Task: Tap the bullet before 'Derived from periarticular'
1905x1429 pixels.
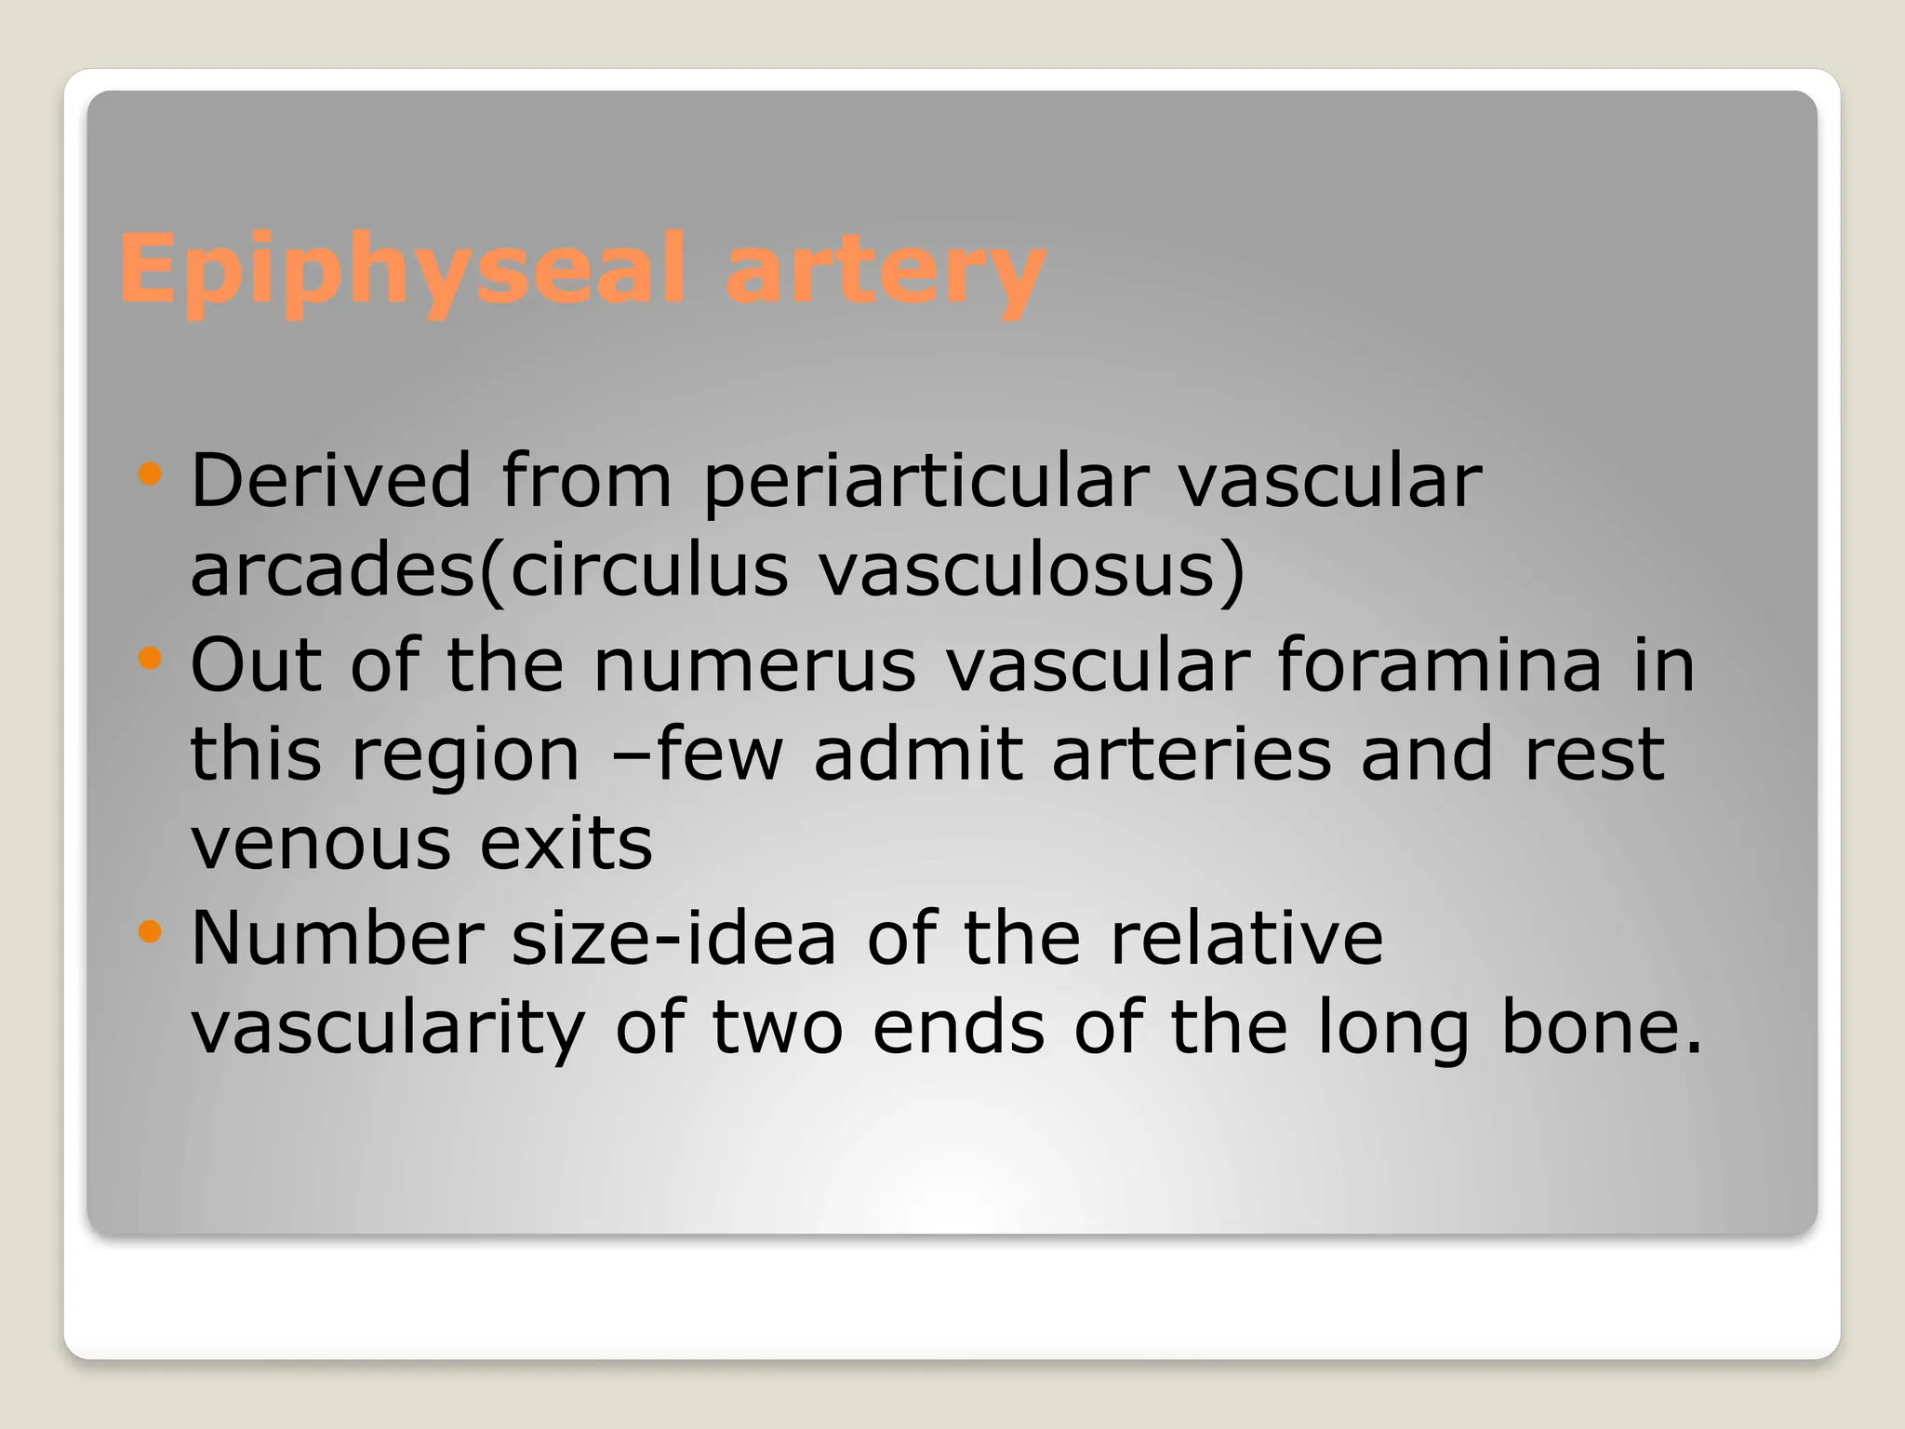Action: click(x=149, y=475)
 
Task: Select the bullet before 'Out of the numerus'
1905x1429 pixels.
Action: click(x=149, y=660)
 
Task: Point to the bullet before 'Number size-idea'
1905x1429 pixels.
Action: click(x=149, y=931)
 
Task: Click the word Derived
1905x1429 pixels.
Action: click(x=331, y=480)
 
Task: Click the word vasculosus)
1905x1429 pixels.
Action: click(x=1031, y=569)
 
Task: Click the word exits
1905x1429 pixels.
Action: click(x=566, y=844)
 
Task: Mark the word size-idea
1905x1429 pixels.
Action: click(x=674, y=937)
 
